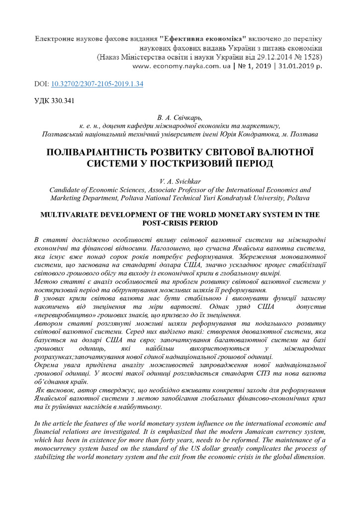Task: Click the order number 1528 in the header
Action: [x=313, y=56]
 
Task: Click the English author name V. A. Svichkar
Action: [x=180, y=181]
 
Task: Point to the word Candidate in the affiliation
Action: [x=65, y=190]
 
